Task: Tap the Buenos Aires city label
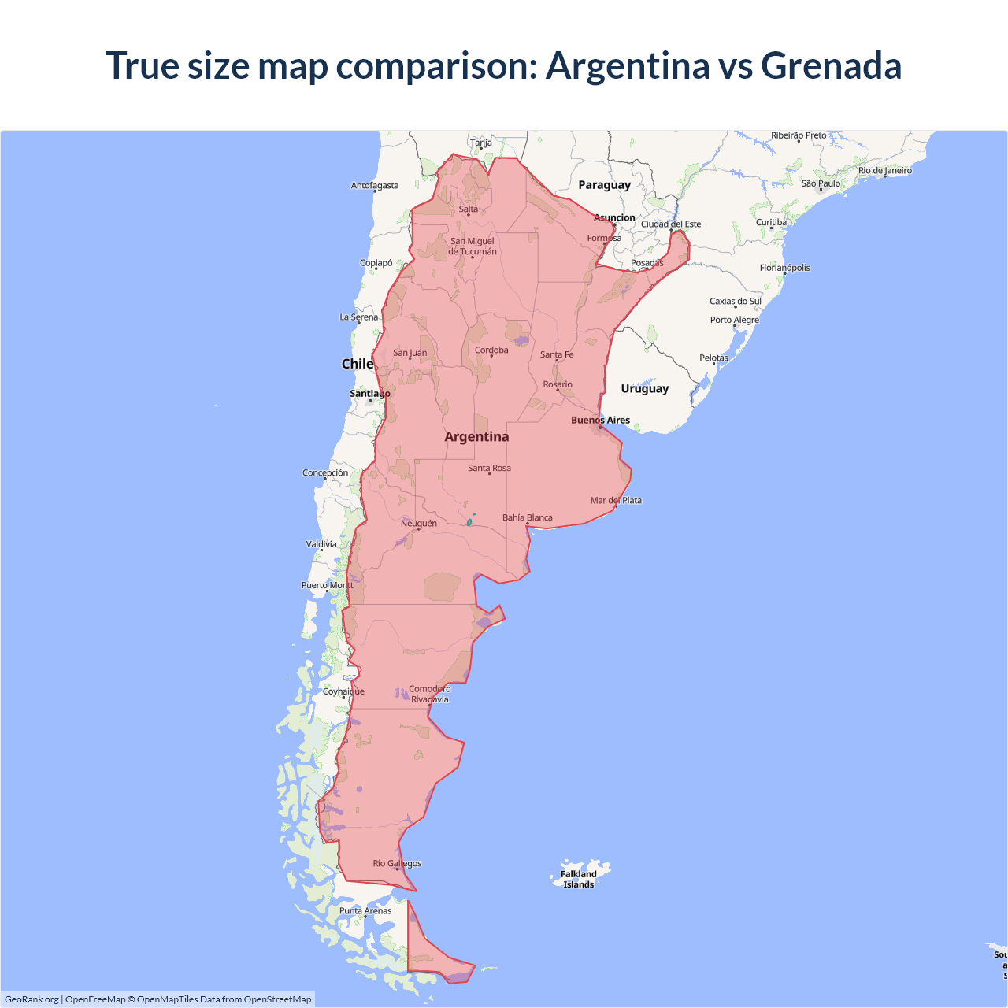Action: pos(600,420)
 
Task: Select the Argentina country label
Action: pos(476,437)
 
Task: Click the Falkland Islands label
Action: pos(578,879)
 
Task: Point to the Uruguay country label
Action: pos(644,388)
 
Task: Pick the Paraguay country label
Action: pos(604,185)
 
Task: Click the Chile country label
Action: pos(357,364)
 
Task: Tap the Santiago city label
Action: pos(369,393)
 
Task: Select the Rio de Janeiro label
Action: pos(884,170)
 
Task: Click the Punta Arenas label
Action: pos(365,910)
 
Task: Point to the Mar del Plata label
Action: pos(616,500)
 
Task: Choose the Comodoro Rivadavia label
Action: pos(429,694)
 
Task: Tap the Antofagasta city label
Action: pos(374,185)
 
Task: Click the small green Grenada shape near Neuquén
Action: pos(469,521)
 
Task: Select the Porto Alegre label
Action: pos(734,320)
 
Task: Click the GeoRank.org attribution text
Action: pos(31,999)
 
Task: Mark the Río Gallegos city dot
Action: pos(397,869)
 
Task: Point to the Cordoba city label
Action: pos(491,350)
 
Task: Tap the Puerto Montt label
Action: pos(327,585)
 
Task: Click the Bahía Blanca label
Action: pos(527,517)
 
